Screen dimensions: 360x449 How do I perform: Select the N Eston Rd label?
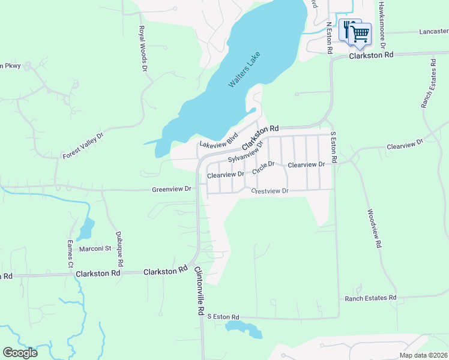[329, 37]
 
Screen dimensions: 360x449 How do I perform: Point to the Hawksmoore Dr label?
[381, 24]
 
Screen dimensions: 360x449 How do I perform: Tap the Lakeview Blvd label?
[219, 141]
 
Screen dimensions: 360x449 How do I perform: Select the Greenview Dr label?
[171, 189]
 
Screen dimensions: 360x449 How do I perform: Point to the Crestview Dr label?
[270, 191]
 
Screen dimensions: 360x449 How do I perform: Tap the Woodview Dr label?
[373, 229]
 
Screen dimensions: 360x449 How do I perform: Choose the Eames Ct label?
[70, 254]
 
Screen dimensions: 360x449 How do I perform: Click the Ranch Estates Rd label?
[370, 298]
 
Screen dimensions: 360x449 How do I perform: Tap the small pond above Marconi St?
[87, 228]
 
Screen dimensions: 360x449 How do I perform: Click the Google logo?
[20, 353]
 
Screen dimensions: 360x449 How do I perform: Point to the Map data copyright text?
[423, 355]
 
